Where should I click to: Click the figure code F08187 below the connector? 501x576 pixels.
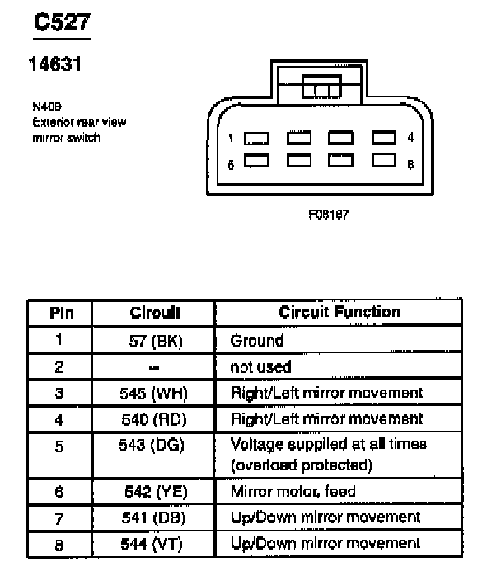(328, 213)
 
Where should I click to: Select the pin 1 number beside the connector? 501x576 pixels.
(232, 138)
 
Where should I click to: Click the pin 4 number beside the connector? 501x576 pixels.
(410, 138)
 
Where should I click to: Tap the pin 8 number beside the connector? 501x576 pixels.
(410, 164)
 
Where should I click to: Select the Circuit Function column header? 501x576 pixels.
(339, 312)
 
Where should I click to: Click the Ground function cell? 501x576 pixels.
(256, 340)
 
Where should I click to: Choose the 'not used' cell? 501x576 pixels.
(260, 366)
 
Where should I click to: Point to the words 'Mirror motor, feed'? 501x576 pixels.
(293, 492)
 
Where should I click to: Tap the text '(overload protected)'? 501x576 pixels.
(301, 465)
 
